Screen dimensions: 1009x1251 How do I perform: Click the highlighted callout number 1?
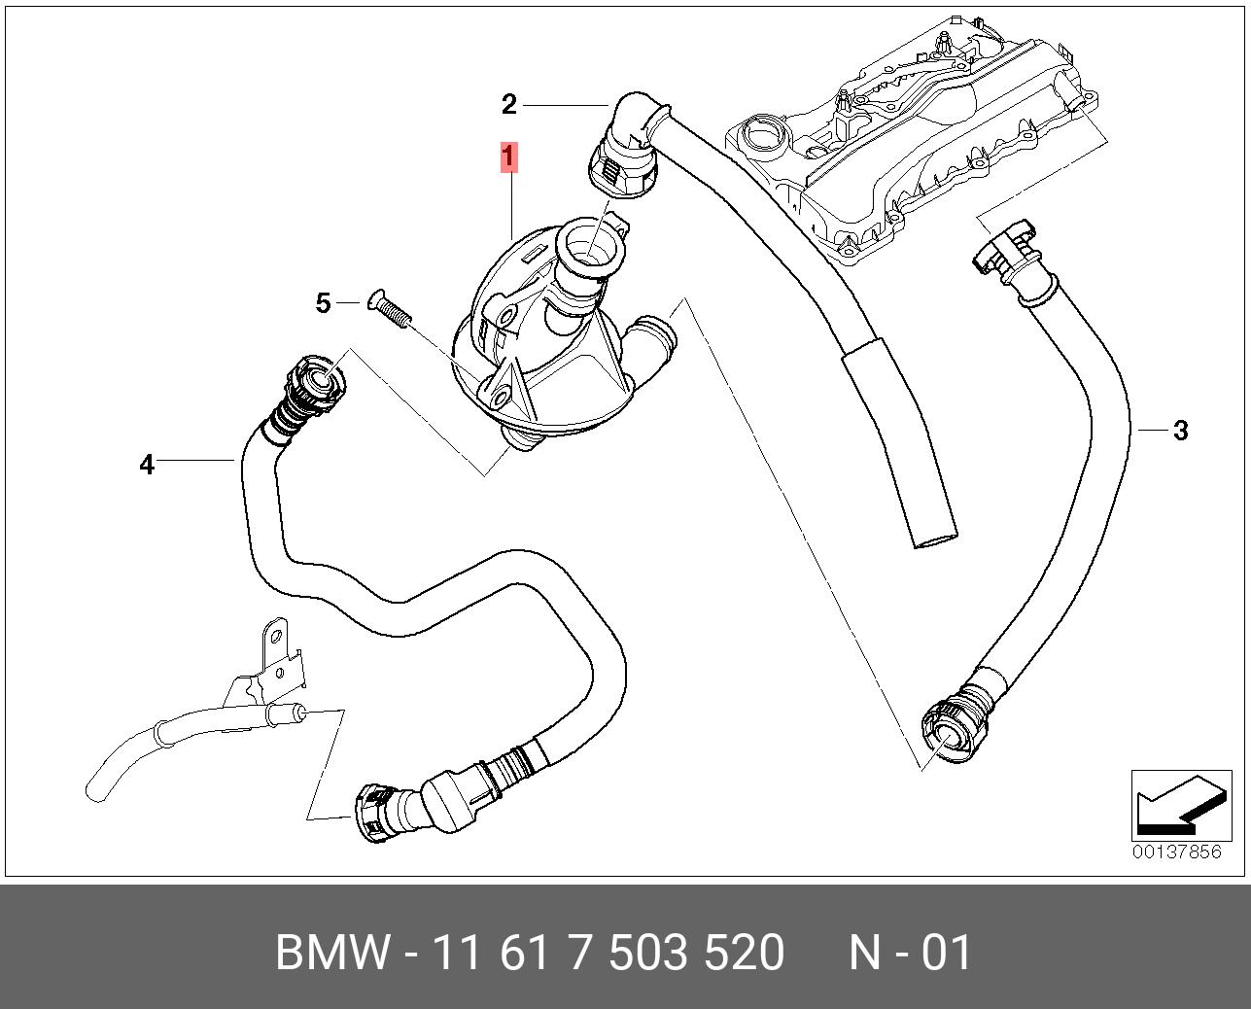point(508,157)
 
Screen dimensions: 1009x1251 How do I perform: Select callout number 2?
point(509,104)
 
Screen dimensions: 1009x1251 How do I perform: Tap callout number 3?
point(1180,430)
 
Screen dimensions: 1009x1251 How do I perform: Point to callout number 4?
point(147,465)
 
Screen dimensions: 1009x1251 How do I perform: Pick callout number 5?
point(323,303)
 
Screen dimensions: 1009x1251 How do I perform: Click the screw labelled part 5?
point(390,309)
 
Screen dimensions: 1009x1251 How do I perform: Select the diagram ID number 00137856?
point(1176,852)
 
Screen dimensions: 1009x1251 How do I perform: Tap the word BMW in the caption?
point(333,953)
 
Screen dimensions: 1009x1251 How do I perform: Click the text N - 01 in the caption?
point(910,953)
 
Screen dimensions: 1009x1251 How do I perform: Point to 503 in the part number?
point(647,953)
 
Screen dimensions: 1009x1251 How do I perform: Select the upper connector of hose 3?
point(1007,255)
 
